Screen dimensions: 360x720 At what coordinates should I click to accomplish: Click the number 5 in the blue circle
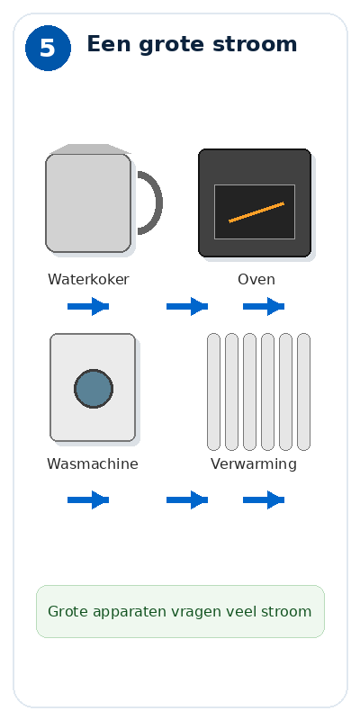(48, 49)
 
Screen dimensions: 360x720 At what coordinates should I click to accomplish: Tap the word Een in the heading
(109, 44)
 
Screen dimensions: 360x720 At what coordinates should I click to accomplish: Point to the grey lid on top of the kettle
(91, 148)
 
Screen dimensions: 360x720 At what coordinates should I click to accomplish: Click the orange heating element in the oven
(256, 212)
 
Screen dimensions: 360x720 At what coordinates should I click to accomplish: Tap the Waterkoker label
(88, 279)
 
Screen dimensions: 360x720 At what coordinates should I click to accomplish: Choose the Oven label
(256, 279)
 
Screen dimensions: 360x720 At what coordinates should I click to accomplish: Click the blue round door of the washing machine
(94, 389)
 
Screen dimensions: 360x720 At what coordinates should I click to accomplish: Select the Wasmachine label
(93, 463)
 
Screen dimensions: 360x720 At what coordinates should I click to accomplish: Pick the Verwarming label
(254, 463)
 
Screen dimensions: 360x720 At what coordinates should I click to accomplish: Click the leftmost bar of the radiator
(213, 391)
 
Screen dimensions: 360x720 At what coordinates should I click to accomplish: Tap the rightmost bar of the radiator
(303, 391)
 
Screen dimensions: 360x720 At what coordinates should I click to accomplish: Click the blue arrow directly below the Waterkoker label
(88, 306)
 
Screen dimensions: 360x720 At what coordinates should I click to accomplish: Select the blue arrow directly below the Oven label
(264, 306)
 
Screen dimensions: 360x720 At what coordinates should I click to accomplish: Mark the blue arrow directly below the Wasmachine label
(88, 499)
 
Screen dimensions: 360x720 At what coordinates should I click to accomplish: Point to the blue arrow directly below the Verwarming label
(264, 499)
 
